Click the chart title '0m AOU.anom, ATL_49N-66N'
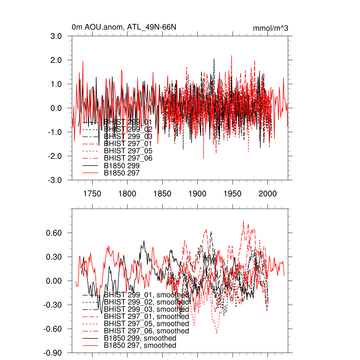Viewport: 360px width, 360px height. [x=124, y=27]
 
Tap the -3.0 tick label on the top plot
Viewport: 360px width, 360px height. [x=56, y=180]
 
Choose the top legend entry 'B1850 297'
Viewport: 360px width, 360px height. [x=122, y=173]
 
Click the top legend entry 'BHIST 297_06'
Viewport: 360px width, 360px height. [x=128, y=158]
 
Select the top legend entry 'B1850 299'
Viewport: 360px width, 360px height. [x=122, y=166]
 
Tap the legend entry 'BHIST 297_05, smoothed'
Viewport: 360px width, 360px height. [x=146, y=323]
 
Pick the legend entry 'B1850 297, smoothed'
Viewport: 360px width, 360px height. [x=140, y=346]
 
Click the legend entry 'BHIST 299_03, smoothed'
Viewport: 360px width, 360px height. [x=146, y=309]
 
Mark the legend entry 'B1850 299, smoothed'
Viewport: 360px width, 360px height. [x=140, y=338]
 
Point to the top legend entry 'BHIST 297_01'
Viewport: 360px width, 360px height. [x=128, y=144]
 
